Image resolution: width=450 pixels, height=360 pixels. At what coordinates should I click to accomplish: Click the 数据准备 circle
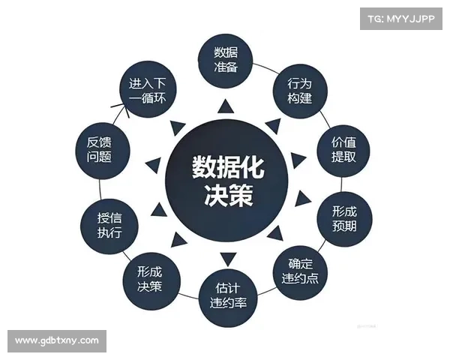coord(226,61)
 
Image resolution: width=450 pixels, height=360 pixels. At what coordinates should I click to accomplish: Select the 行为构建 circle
coord(300,91)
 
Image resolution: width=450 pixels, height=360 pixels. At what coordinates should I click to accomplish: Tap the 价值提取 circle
coord(343,151)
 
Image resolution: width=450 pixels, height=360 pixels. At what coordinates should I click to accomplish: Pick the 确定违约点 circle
coord(300,272)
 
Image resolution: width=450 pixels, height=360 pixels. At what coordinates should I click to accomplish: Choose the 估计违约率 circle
coord(228,298)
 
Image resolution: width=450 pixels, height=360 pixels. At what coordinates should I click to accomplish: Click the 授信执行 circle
coord(109,226)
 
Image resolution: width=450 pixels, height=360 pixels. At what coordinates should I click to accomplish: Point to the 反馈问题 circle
coord(103,151)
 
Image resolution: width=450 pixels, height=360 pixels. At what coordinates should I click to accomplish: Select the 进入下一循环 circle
coord(148,89)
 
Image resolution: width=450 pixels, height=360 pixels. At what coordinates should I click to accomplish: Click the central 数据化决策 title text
coord(228,181)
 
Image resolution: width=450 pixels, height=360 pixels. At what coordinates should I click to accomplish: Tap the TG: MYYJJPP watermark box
coord(401,19)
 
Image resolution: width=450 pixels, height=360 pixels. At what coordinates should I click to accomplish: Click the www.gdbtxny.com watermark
coord(57,341)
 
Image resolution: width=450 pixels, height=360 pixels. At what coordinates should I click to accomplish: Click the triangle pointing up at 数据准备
coord(226,106)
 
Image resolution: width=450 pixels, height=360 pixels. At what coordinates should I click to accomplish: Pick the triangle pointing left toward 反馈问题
coord(153,165)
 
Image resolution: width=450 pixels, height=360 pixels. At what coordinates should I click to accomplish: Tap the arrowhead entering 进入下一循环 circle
coord(121,109)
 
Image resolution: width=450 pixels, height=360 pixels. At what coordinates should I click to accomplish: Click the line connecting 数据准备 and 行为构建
coord(263,68)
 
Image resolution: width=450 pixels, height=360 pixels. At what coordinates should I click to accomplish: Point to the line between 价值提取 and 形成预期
coord(341,184)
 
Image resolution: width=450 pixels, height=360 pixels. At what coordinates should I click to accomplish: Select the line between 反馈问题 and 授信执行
coord(100,189)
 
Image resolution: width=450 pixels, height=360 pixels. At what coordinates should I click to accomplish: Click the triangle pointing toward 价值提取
coord(298,160)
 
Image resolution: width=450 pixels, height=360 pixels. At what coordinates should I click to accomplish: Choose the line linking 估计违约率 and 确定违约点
coord(266,291)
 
